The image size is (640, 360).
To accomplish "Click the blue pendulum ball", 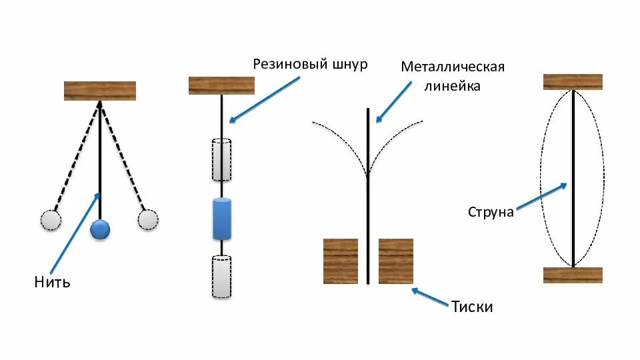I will (x=100, y=230).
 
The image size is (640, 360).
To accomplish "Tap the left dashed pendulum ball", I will (x=51, y=220).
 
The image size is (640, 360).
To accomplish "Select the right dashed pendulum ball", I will (x=148, y=219).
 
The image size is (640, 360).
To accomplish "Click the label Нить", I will (x=52, y=283).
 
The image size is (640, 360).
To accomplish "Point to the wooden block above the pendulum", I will (x=100, y=91).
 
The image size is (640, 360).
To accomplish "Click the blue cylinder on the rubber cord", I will (x=222, y=219).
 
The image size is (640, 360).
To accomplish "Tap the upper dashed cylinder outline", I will (x=222, y=160).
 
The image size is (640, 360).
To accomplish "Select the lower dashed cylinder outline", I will (x=222, y=277).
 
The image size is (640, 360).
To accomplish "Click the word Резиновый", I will (x=289, y=65).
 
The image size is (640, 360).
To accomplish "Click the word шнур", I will (x=349, y=65).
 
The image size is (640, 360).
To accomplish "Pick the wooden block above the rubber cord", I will (x=222, y=85).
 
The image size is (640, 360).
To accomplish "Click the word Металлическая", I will (x=453, y=67).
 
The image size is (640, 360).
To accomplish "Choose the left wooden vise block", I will (x=341, y=261).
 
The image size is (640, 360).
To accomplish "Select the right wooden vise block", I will (x=396, y=261).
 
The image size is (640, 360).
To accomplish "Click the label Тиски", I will (x=471, y=307).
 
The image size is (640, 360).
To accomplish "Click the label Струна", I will (x=491, y=212).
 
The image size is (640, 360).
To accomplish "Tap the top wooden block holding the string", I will (x=573, y=82).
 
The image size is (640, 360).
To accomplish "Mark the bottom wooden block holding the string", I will (x=573, y=275).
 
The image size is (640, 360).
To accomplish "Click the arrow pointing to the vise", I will (x=430, y=298).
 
